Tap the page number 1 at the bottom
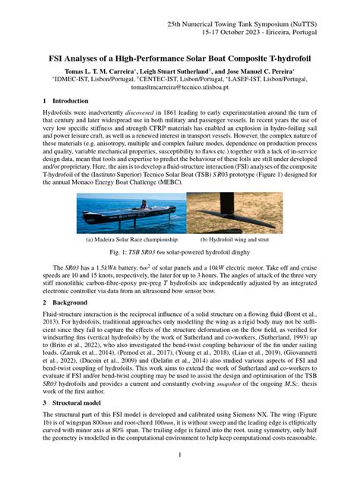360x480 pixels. [x=180, y=455]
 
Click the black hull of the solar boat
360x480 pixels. [x=122, y=216]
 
